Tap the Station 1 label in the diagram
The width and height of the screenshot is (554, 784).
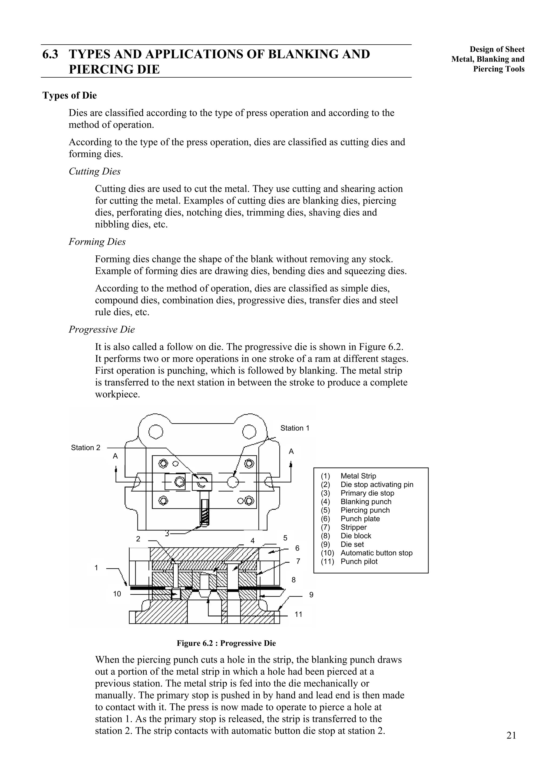click(x=295, y=428)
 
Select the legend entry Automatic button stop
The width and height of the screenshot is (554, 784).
click(x=376, y=553)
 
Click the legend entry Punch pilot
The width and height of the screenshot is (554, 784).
click(x=359, y=561)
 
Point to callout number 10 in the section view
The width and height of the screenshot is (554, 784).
click(x=117, y=594)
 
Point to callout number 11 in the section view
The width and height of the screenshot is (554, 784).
click(x=298, y=615)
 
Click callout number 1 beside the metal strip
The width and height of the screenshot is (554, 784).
click(x=96, y=568)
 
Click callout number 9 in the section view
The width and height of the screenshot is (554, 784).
click(x=311, y=595)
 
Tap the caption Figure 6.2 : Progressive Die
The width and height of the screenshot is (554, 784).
click(x=226, y=643)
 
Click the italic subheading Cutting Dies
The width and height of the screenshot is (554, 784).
click(x=95, y=172)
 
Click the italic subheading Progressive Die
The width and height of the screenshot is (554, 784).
click(x=102, y=330)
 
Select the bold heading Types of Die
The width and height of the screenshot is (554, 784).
click(x=69, y=95)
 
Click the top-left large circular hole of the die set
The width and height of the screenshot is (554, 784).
click(x=156, y=431)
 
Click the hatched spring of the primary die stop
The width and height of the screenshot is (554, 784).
click(x=205, y=512)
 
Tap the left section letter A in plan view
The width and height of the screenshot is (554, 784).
click(x=116, y=456)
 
